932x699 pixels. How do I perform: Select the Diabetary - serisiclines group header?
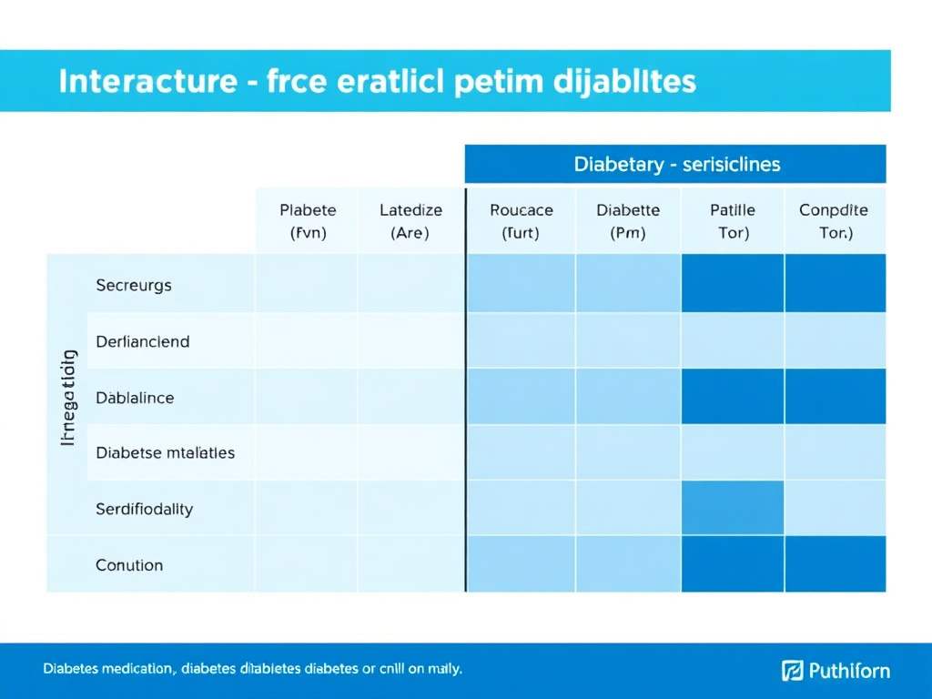coord(676,165)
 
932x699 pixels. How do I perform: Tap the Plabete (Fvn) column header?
coord(308,221)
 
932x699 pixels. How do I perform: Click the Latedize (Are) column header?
coord(410,221)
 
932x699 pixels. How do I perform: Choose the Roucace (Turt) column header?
coord(521,221)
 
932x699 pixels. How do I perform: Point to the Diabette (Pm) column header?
coord(627,221)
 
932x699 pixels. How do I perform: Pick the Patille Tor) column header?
coord(733,221)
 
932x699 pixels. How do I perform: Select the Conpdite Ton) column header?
coord(834,221)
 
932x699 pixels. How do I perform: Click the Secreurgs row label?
coord(133,285)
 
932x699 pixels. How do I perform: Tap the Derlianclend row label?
coord(142,341)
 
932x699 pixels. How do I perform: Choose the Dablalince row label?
coord(134,398)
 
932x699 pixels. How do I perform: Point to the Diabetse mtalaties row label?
coord(165,452)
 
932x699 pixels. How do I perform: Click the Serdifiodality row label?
coord(144,509)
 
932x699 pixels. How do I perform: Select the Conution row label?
coord(129,565)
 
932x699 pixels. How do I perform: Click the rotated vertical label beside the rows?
coord(67,397)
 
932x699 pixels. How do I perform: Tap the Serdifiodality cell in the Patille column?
coord(733,508)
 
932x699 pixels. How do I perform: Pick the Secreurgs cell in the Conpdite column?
coord(835,283)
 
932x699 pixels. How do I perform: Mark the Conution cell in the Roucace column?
coord(521,564)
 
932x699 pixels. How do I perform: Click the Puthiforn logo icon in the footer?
coord(792,671)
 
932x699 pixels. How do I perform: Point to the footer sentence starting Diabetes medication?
coord(252,669)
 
